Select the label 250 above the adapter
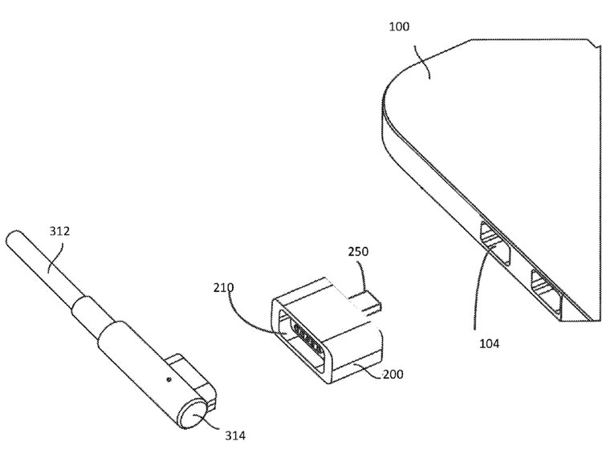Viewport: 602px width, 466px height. point(359,252)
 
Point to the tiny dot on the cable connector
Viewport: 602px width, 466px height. point(169,374)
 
